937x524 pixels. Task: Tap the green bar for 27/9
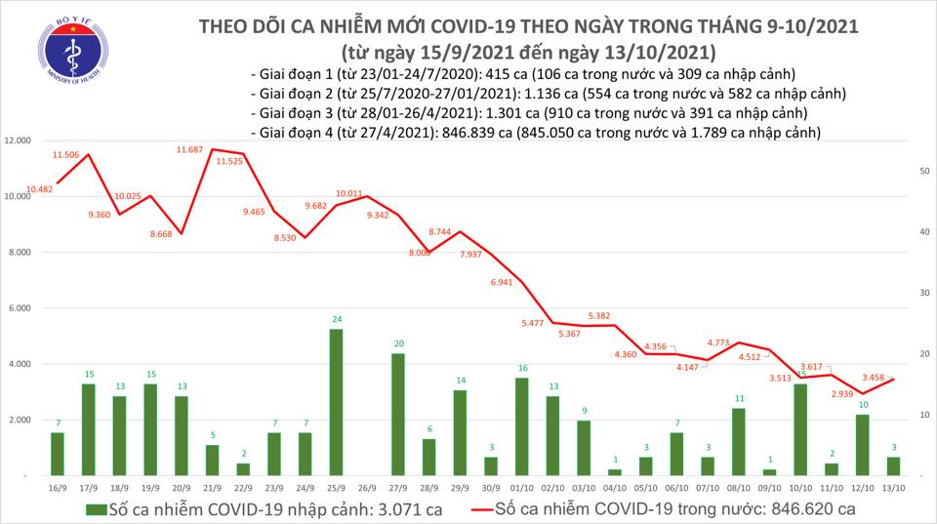click(398, 414)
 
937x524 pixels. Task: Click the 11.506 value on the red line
click(65, 154)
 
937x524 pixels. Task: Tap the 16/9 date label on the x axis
click(57, 485)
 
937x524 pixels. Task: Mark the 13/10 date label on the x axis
click(892, 485)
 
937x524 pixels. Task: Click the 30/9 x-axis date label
click(491, 485)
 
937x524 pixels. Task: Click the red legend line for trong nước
click(475, 509)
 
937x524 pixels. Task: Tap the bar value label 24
click(336, 319)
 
